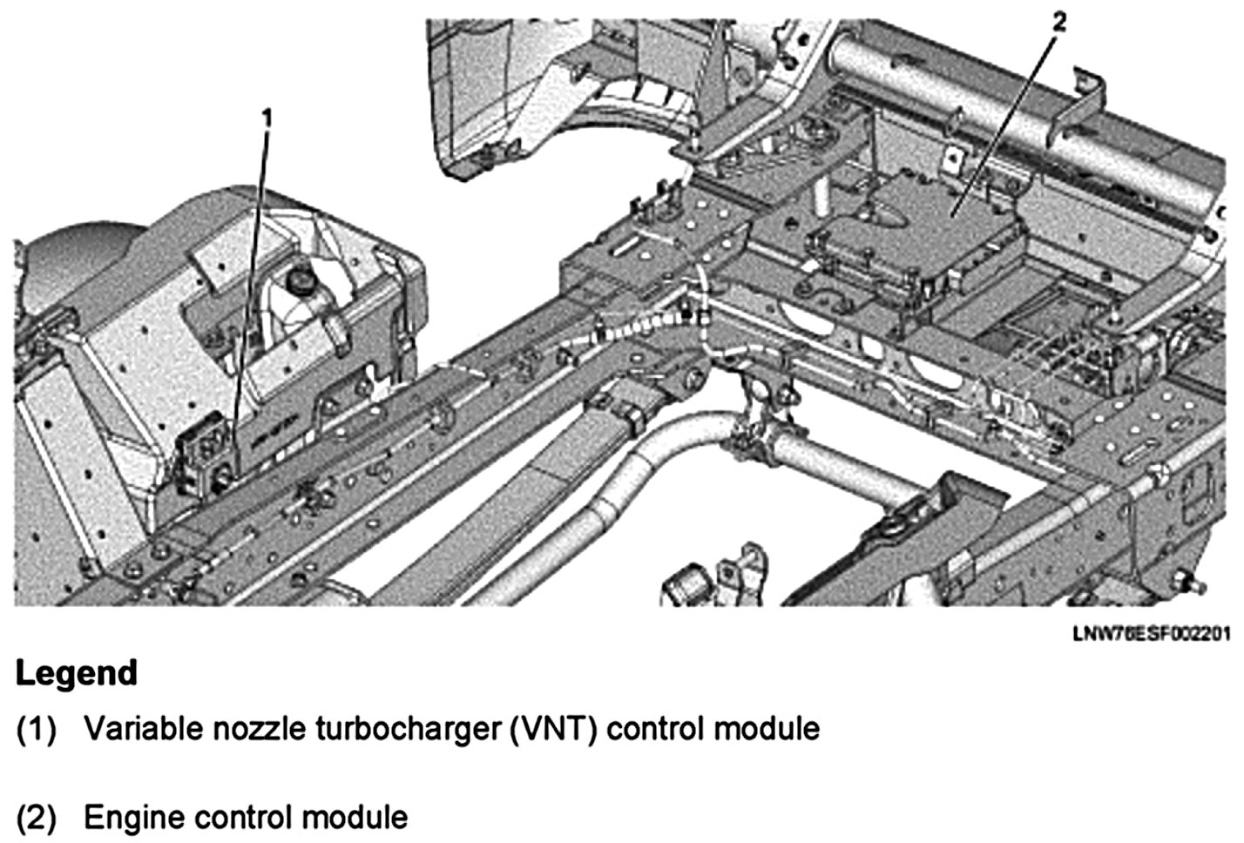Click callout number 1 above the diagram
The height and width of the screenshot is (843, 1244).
tap(267, 115)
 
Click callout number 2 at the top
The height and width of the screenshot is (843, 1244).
tap(1058, 22)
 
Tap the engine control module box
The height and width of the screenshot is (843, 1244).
tap(923, 226)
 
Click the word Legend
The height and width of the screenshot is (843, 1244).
tap(77, 673)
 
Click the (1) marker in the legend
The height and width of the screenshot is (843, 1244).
tap(37, 729)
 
